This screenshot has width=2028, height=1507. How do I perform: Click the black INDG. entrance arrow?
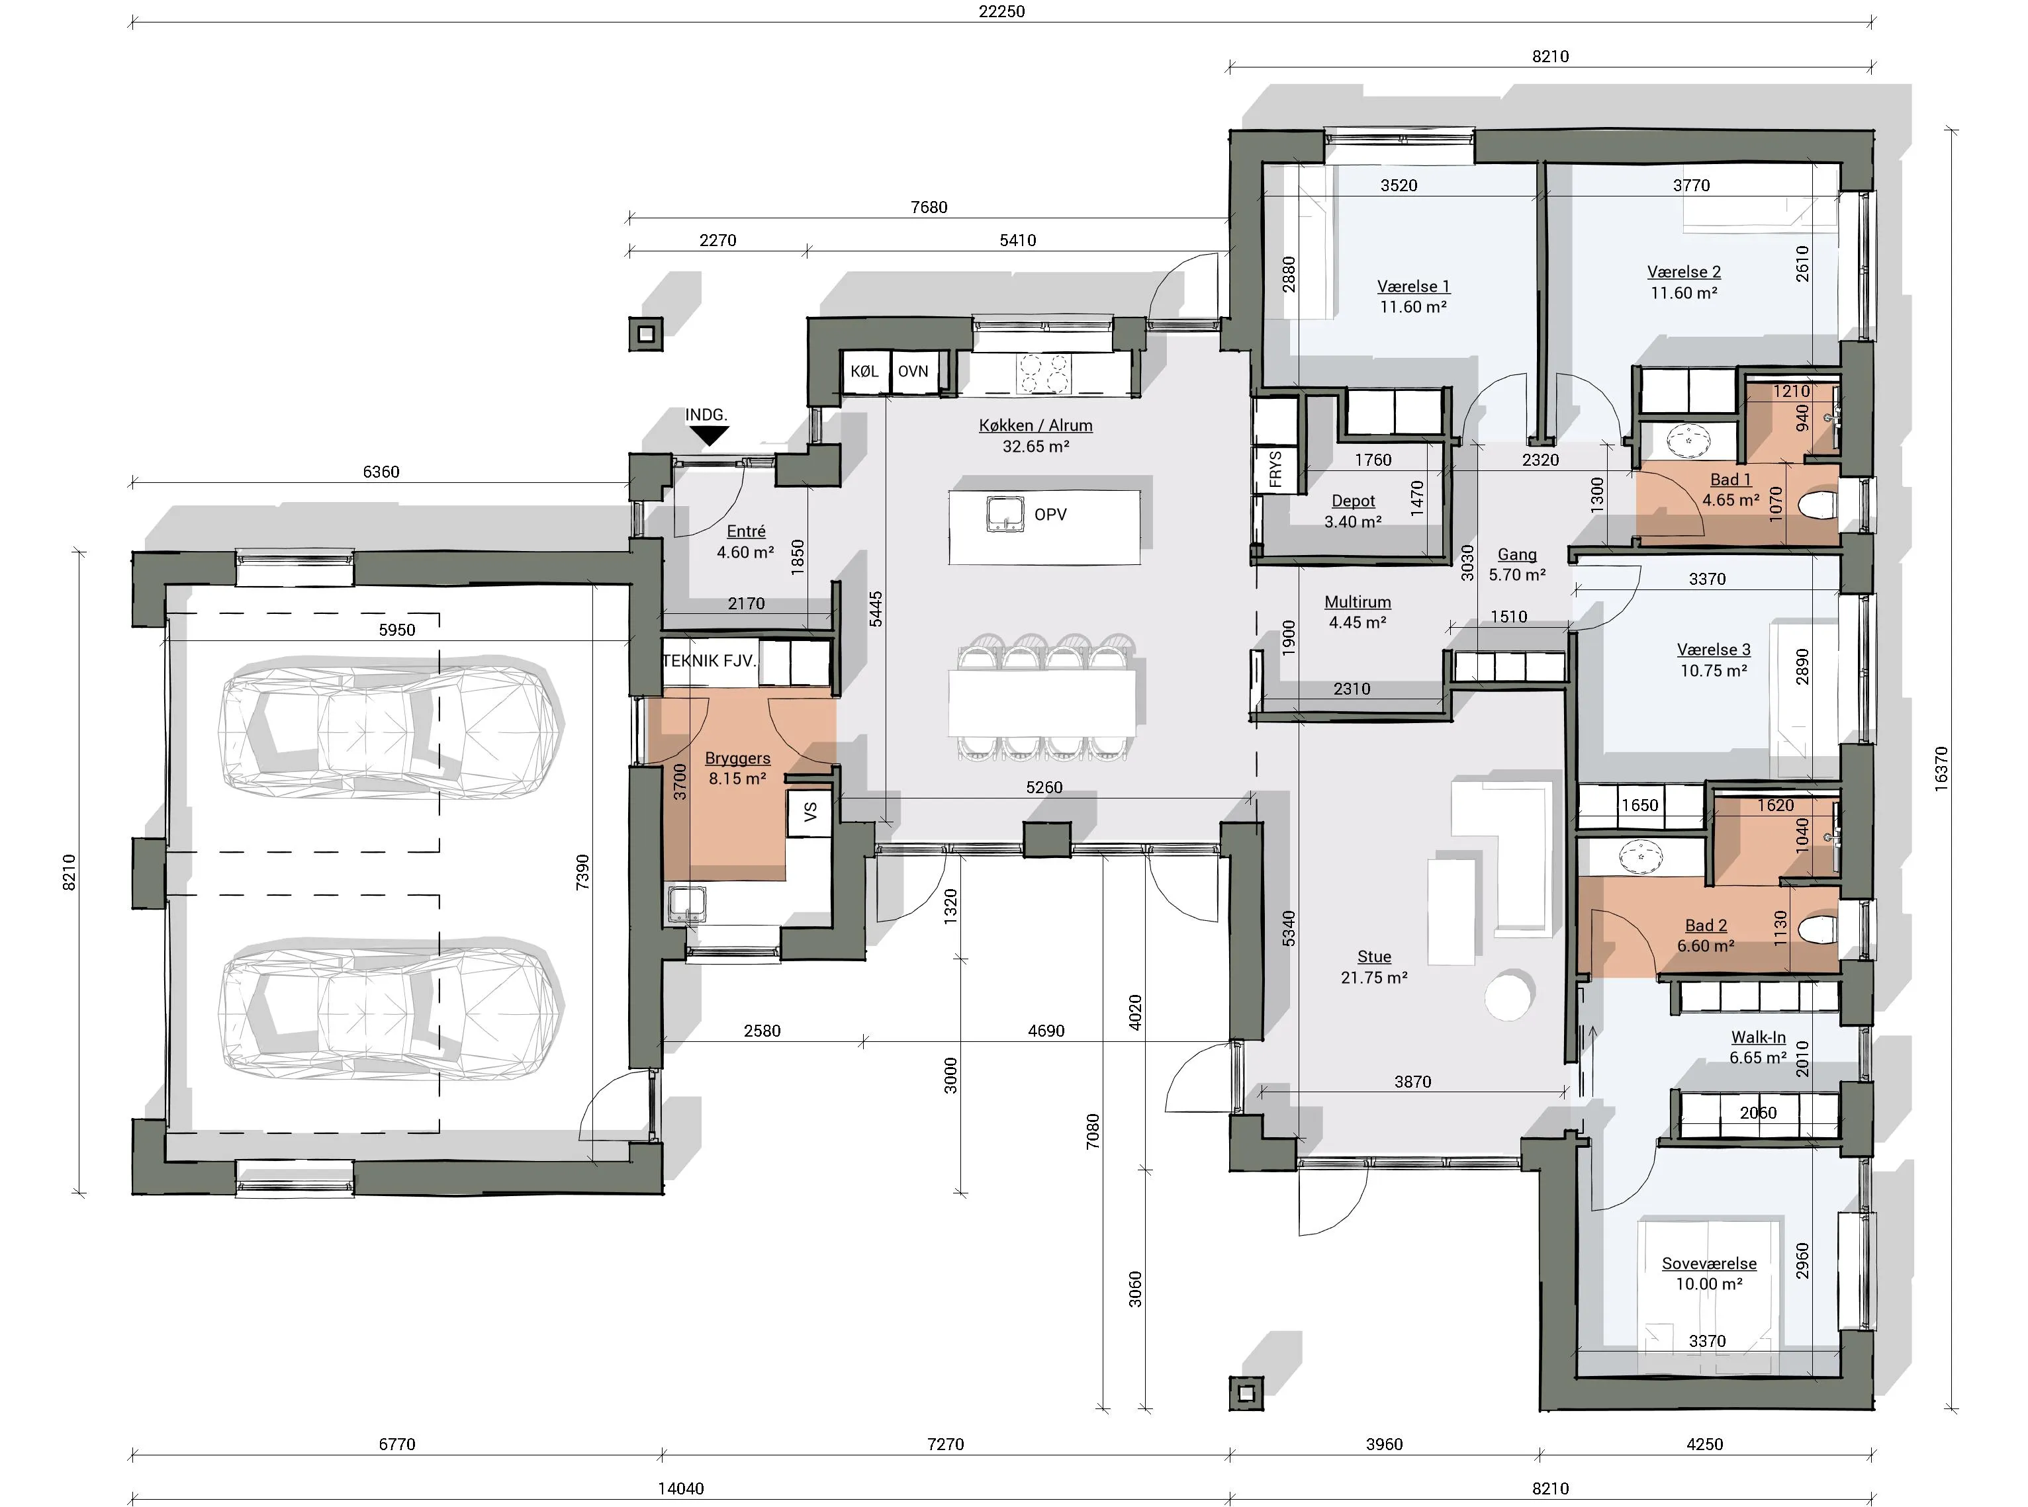(709, 437)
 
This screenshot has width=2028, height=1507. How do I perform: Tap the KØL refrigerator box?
(864, 371)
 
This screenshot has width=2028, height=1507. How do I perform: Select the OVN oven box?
(913, 371)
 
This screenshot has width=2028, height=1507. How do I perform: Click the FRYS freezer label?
(1275, 469)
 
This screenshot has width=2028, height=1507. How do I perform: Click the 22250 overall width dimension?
(1001, 12)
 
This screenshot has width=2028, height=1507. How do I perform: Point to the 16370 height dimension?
(1941, 768)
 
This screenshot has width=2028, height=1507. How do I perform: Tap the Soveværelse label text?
(1708, 1264)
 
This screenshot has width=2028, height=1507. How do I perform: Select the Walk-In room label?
(1758, 1037)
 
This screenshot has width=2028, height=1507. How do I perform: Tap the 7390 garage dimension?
(582, 872)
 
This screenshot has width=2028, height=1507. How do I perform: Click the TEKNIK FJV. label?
(709, 660)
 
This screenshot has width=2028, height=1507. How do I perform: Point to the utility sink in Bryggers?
(686, 904)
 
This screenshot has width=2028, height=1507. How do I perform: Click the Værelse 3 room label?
(1713, 650)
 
